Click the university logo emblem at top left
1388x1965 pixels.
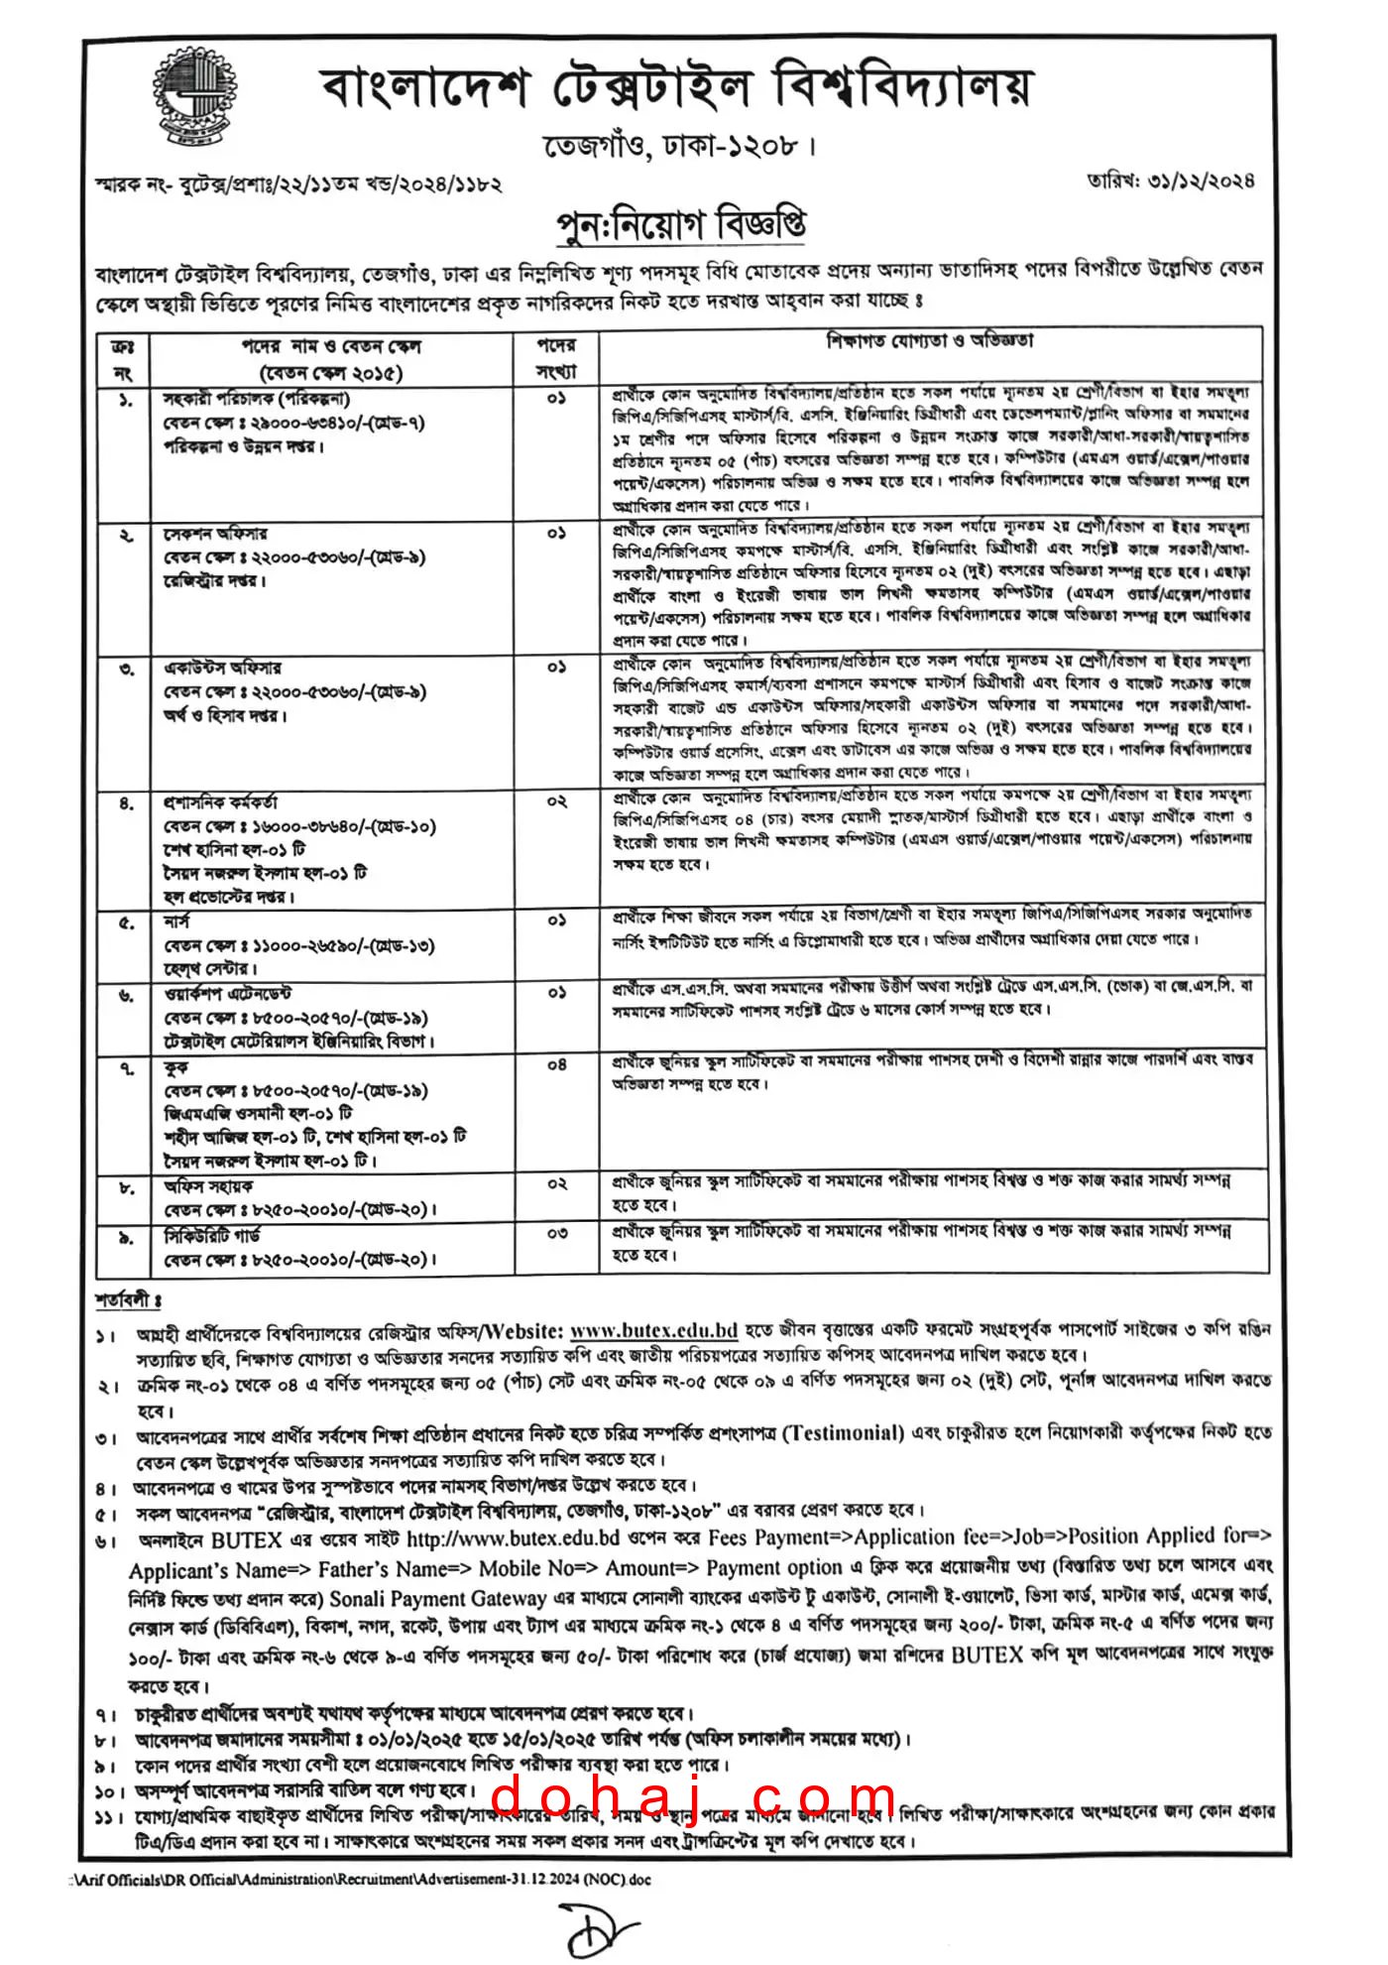195,96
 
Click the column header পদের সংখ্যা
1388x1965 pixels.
556,358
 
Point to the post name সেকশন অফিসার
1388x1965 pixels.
215,535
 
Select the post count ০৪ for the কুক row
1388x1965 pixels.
557,1065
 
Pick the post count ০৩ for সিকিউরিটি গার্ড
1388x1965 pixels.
557,1234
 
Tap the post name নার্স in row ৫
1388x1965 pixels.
176,922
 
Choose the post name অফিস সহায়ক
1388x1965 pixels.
208,1186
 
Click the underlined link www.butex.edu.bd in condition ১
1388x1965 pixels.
654,1330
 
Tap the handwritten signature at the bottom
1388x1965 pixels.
601,1926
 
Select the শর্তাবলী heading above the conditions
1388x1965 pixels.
128,1299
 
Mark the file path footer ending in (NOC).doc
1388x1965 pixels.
363,1878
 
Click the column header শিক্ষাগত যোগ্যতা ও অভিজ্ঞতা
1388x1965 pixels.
930,341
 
